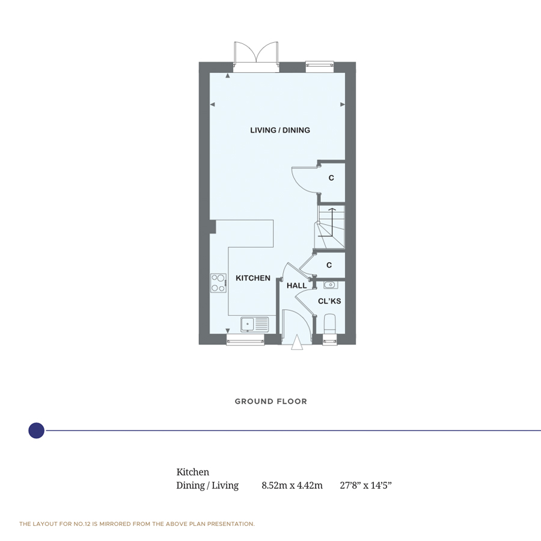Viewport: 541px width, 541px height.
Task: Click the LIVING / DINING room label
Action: click(280, 130)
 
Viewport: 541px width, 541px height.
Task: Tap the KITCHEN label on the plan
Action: click(253, 278)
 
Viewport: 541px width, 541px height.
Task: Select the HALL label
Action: click(296, 286)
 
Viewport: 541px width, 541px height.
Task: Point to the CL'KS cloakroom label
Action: click(329, 301)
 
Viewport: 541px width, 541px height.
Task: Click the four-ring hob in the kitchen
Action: click(218, 283)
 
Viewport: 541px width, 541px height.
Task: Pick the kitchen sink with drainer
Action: click(255, 325)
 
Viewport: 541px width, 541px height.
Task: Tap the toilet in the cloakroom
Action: click(330, 323)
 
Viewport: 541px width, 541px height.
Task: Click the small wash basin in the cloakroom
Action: click(330, 285)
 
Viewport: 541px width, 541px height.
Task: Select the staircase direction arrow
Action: click(332, 221)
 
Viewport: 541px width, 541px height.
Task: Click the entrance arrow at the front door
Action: click(297, 342)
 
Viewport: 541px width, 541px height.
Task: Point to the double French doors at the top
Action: click(256, 57)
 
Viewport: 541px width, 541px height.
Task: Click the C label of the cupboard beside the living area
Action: click(331, 178)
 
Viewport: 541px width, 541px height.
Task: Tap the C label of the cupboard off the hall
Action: click(329, 265)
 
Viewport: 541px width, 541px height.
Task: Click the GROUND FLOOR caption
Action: click(271, 402)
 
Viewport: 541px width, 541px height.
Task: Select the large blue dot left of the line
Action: click(36, 430)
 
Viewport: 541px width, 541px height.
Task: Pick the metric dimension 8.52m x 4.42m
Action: click(292, 486)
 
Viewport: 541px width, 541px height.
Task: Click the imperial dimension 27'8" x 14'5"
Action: click(365, 486)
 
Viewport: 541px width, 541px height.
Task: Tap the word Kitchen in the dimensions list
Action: click(192, 472)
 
